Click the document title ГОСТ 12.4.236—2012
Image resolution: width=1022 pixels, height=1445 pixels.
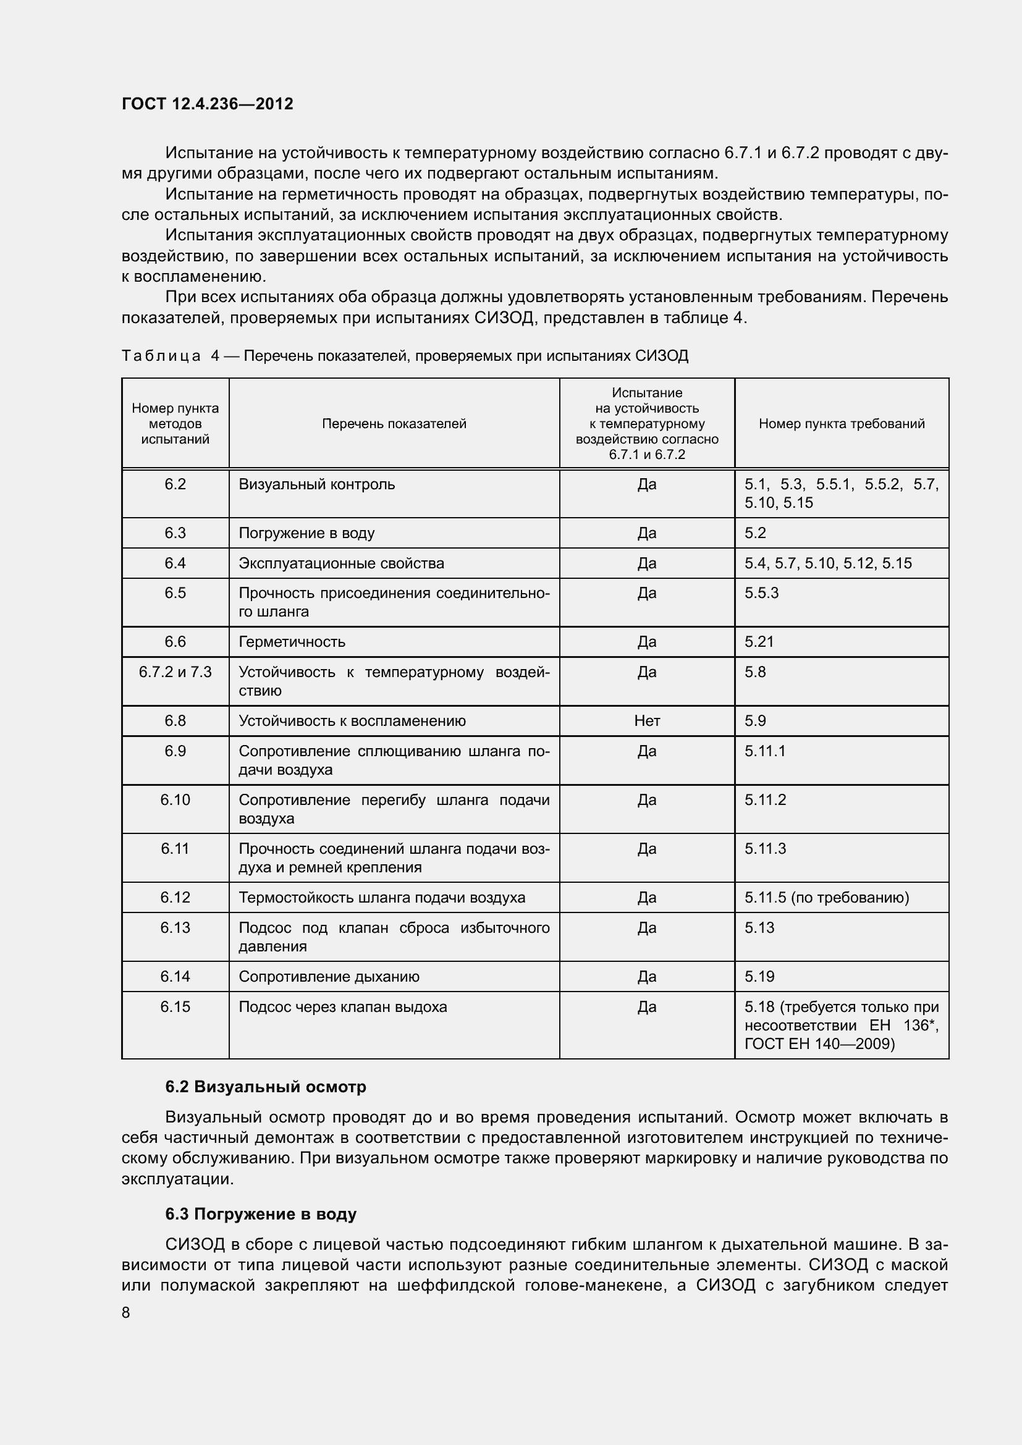(x=208, y=104)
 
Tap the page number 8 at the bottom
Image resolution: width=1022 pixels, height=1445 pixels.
(x=126, y=1312)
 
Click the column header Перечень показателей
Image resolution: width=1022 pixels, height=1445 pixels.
(x=394, y=424)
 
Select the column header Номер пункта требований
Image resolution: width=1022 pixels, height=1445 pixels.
(x=842, y=424)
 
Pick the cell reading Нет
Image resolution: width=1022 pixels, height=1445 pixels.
(x=647, y=720)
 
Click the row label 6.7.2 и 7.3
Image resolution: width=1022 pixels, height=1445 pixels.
(x=175, y=672)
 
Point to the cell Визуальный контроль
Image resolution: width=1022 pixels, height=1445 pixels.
(x=316, y=484)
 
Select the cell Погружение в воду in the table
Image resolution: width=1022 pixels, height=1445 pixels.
(x=306, y=533)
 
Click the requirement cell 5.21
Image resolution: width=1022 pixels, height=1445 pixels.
(x=759, y=642)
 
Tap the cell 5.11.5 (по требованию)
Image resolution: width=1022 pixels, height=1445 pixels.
(x=827, y=898)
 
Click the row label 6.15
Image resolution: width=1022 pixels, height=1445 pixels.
(x=175, y=1007)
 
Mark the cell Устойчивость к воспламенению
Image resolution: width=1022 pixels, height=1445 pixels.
(x=352, y=720)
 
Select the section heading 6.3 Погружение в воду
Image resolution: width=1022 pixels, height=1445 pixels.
(x=261, y=1214)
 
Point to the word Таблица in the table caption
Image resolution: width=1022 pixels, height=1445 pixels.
(x=161, y=356)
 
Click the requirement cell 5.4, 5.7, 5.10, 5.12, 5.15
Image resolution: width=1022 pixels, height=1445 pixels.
(x=828, y=563)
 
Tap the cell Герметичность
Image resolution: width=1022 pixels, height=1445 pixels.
(x=292, y=642)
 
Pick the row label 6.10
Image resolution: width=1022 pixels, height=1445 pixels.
(x=175, y=800)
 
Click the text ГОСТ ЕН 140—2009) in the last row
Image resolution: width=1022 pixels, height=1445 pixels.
(x=819, y=1044)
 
